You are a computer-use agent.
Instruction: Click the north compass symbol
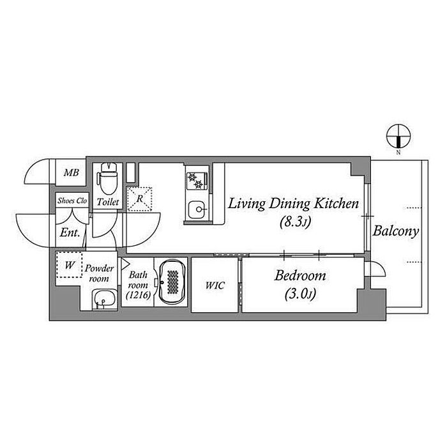coord(398,136)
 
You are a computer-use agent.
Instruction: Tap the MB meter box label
coord(71,172)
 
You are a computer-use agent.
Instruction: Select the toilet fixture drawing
coord(107,178)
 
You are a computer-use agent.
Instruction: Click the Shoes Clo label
coord(72,201)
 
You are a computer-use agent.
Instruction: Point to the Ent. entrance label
coord(70,233)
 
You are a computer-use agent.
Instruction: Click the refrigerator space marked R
coord(139,199)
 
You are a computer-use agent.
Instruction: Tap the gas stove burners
coord(195,181)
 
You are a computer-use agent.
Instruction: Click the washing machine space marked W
coord(69,265)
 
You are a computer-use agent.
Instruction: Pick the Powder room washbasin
coord(105,299)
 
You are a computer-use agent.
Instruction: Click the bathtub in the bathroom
coord(172,282)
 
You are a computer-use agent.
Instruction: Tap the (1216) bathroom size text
coord(139,295)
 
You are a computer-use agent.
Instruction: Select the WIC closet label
coord(215,285)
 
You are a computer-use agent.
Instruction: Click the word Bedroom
coord(300,276)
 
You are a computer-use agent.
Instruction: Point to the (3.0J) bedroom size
coord(300,294)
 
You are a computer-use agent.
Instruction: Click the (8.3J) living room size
coord(295,222)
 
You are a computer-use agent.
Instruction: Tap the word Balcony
coord(396,231)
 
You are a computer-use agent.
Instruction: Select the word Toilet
coord(108,202)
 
